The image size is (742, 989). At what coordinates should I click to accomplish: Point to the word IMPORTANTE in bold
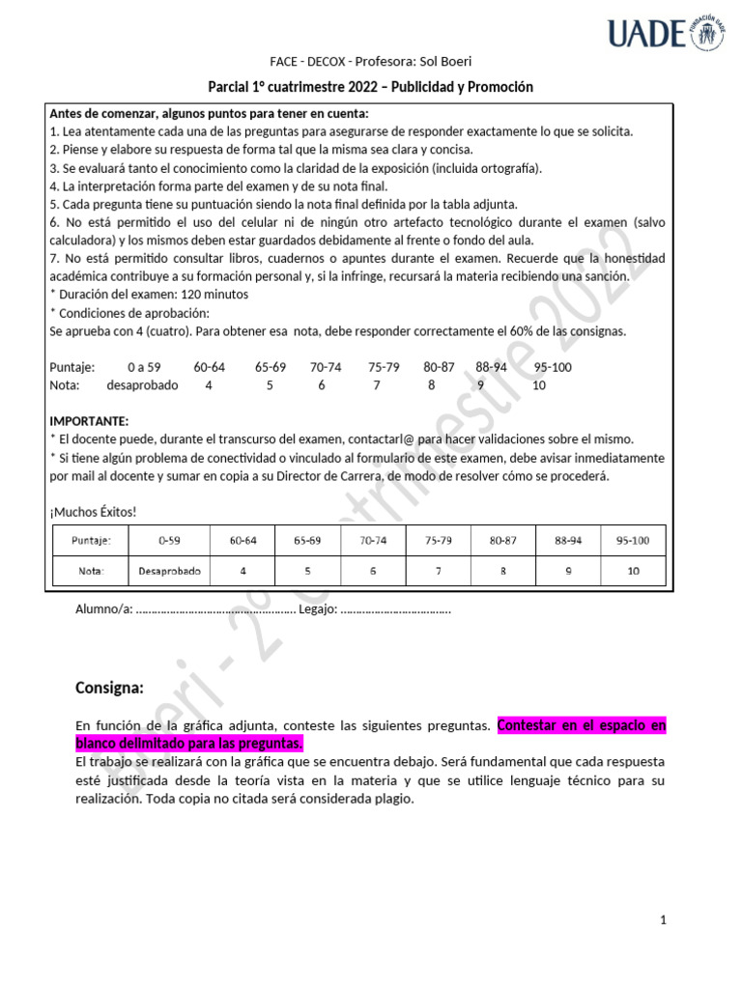(x=88, y=421)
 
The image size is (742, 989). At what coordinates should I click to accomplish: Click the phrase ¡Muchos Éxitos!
(x=93, y=512)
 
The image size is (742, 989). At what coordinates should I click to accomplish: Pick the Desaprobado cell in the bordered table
(x=169, y=571)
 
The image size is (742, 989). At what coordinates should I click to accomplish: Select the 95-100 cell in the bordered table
(x=633, y=542)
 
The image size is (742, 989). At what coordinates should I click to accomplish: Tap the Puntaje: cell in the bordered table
(x=91, y=542)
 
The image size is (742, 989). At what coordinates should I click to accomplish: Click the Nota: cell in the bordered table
(x=91, y=571)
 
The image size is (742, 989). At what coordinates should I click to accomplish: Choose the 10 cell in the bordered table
(x=633, y=571)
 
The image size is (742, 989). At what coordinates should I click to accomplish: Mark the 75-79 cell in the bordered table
(x=438, y=542)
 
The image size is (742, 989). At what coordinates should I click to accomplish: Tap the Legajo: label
(x=318, y=609)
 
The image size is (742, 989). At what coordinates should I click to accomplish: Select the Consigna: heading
(x=109, y=688)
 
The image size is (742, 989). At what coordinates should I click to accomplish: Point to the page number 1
(x=664, y=920)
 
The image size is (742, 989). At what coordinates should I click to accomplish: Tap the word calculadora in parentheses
(x=84, y=240)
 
